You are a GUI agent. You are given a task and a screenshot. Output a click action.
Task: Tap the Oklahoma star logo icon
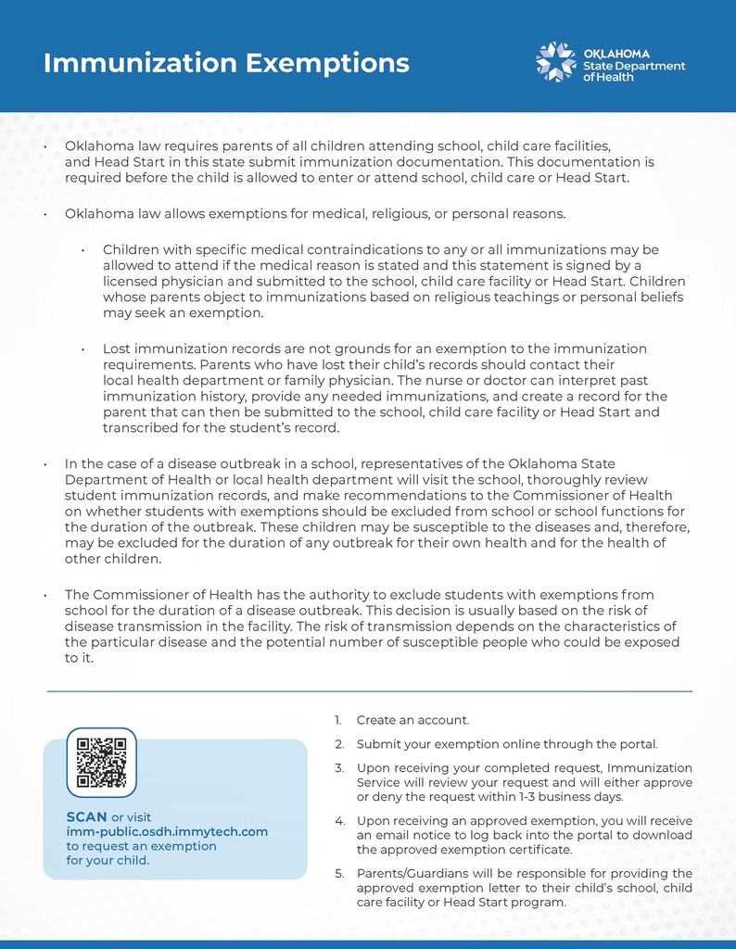tap(556, 61)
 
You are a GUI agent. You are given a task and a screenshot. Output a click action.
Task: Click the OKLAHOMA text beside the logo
tap(616, 54)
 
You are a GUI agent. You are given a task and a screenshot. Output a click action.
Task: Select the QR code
tap(102, 763)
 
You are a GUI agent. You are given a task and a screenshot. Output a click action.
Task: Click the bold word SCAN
tap(87, 816)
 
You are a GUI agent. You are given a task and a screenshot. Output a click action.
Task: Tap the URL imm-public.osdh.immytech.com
tap(167, 831)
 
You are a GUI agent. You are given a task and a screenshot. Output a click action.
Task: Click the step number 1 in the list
tap(337, 720)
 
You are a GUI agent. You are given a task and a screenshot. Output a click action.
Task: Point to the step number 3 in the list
tap(338, 768)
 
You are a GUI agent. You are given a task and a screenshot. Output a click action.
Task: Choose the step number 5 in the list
tap(338, 873)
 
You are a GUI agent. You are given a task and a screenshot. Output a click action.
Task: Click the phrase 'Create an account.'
tap(412, 720)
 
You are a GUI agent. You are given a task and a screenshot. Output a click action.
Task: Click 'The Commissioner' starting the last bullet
tap(121, 595)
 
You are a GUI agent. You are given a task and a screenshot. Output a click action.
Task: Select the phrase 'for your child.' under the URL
tap(108, 860)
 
